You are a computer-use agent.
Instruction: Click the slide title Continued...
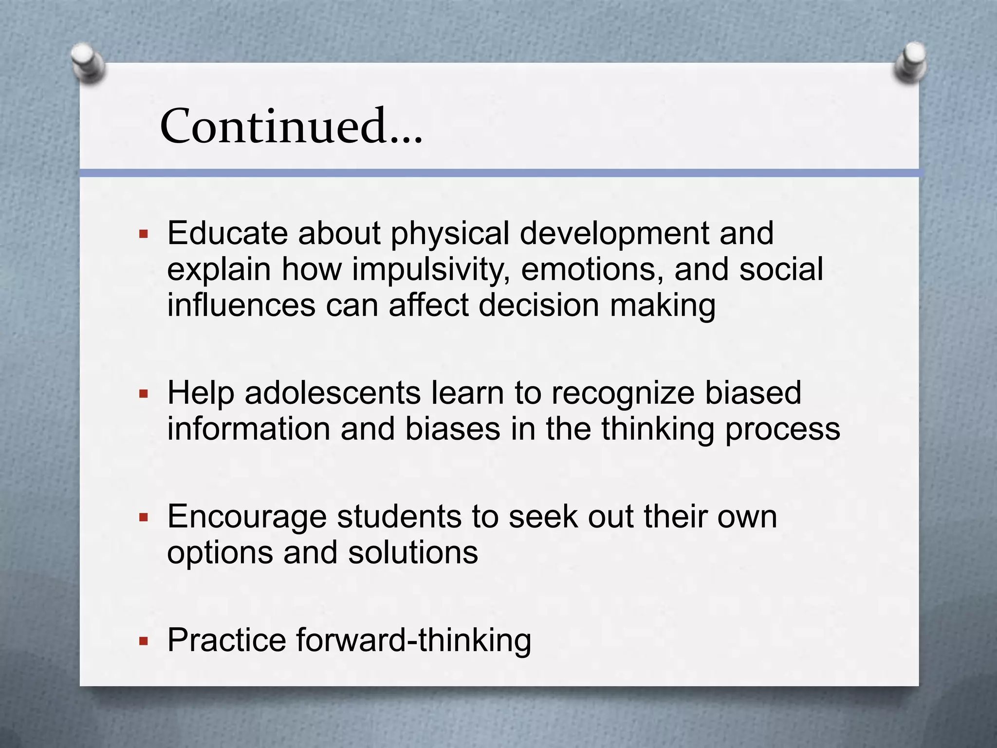(x=291, y=127)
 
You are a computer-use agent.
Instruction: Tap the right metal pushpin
(x=910, y=62)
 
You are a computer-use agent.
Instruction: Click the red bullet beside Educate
(x=143, y=234)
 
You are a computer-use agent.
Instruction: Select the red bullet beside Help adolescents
(x=143, y=393)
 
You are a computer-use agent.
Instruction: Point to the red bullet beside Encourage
(x=143, y=517)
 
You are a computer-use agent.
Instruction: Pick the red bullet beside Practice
(x=143, y=641)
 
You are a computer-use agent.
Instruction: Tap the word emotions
(x=592, y=270)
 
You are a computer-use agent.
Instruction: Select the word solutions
(x=413, y=553)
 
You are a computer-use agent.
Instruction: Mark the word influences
(x=241, y=305)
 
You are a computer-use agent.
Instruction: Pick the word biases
(x=453, y=429)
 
